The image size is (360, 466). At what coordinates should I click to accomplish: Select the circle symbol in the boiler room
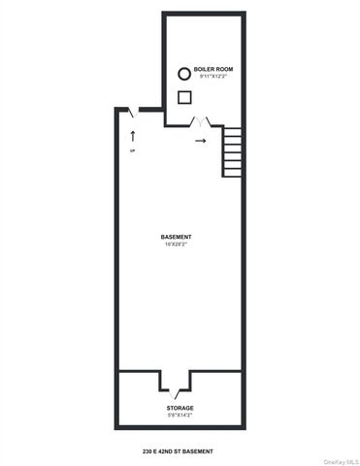tap(182, 73)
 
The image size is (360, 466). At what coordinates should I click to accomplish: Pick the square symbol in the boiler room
tap(182, 96)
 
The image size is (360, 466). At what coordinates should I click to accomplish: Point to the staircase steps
tap(232, 151)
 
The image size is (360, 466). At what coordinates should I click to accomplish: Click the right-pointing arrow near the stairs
tap(201, 142)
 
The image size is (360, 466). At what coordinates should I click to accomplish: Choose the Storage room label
tap(179, 408)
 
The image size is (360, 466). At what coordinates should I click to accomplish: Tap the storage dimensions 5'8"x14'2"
tap(179, 416)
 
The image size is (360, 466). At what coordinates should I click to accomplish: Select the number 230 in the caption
tap(147, 451)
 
